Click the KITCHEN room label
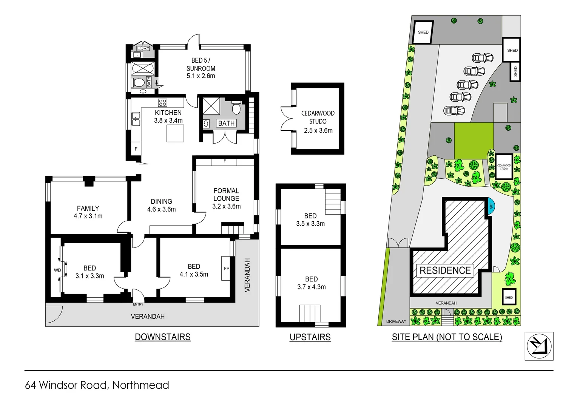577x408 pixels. [168, 113]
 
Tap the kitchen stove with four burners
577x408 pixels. [163, 102]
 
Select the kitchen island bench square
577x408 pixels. [175, 133]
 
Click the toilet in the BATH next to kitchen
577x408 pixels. [236, 108]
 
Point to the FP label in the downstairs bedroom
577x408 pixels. [226, 269]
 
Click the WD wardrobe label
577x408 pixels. [57, 270]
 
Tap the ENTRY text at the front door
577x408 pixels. [138, 304]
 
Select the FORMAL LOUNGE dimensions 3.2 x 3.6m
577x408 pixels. [226, 206]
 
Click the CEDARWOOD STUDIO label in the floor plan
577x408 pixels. [318, 117]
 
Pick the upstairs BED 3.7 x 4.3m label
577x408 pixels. [311, 283]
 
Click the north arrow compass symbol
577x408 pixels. [539, 346]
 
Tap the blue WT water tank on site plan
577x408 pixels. [491, 206]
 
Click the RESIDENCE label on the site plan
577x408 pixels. [445, 270]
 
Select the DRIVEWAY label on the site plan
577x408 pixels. [396, 321]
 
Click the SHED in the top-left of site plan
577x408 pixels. [423, 32]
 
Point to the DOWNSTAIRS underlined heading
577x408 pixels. [163, 337]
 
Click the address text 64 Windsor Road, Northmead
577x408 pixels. [97, 385]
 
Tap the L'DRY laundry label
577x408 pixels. [143, 48]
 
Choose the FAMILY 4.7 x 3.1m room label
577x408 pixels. [88, 212]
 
